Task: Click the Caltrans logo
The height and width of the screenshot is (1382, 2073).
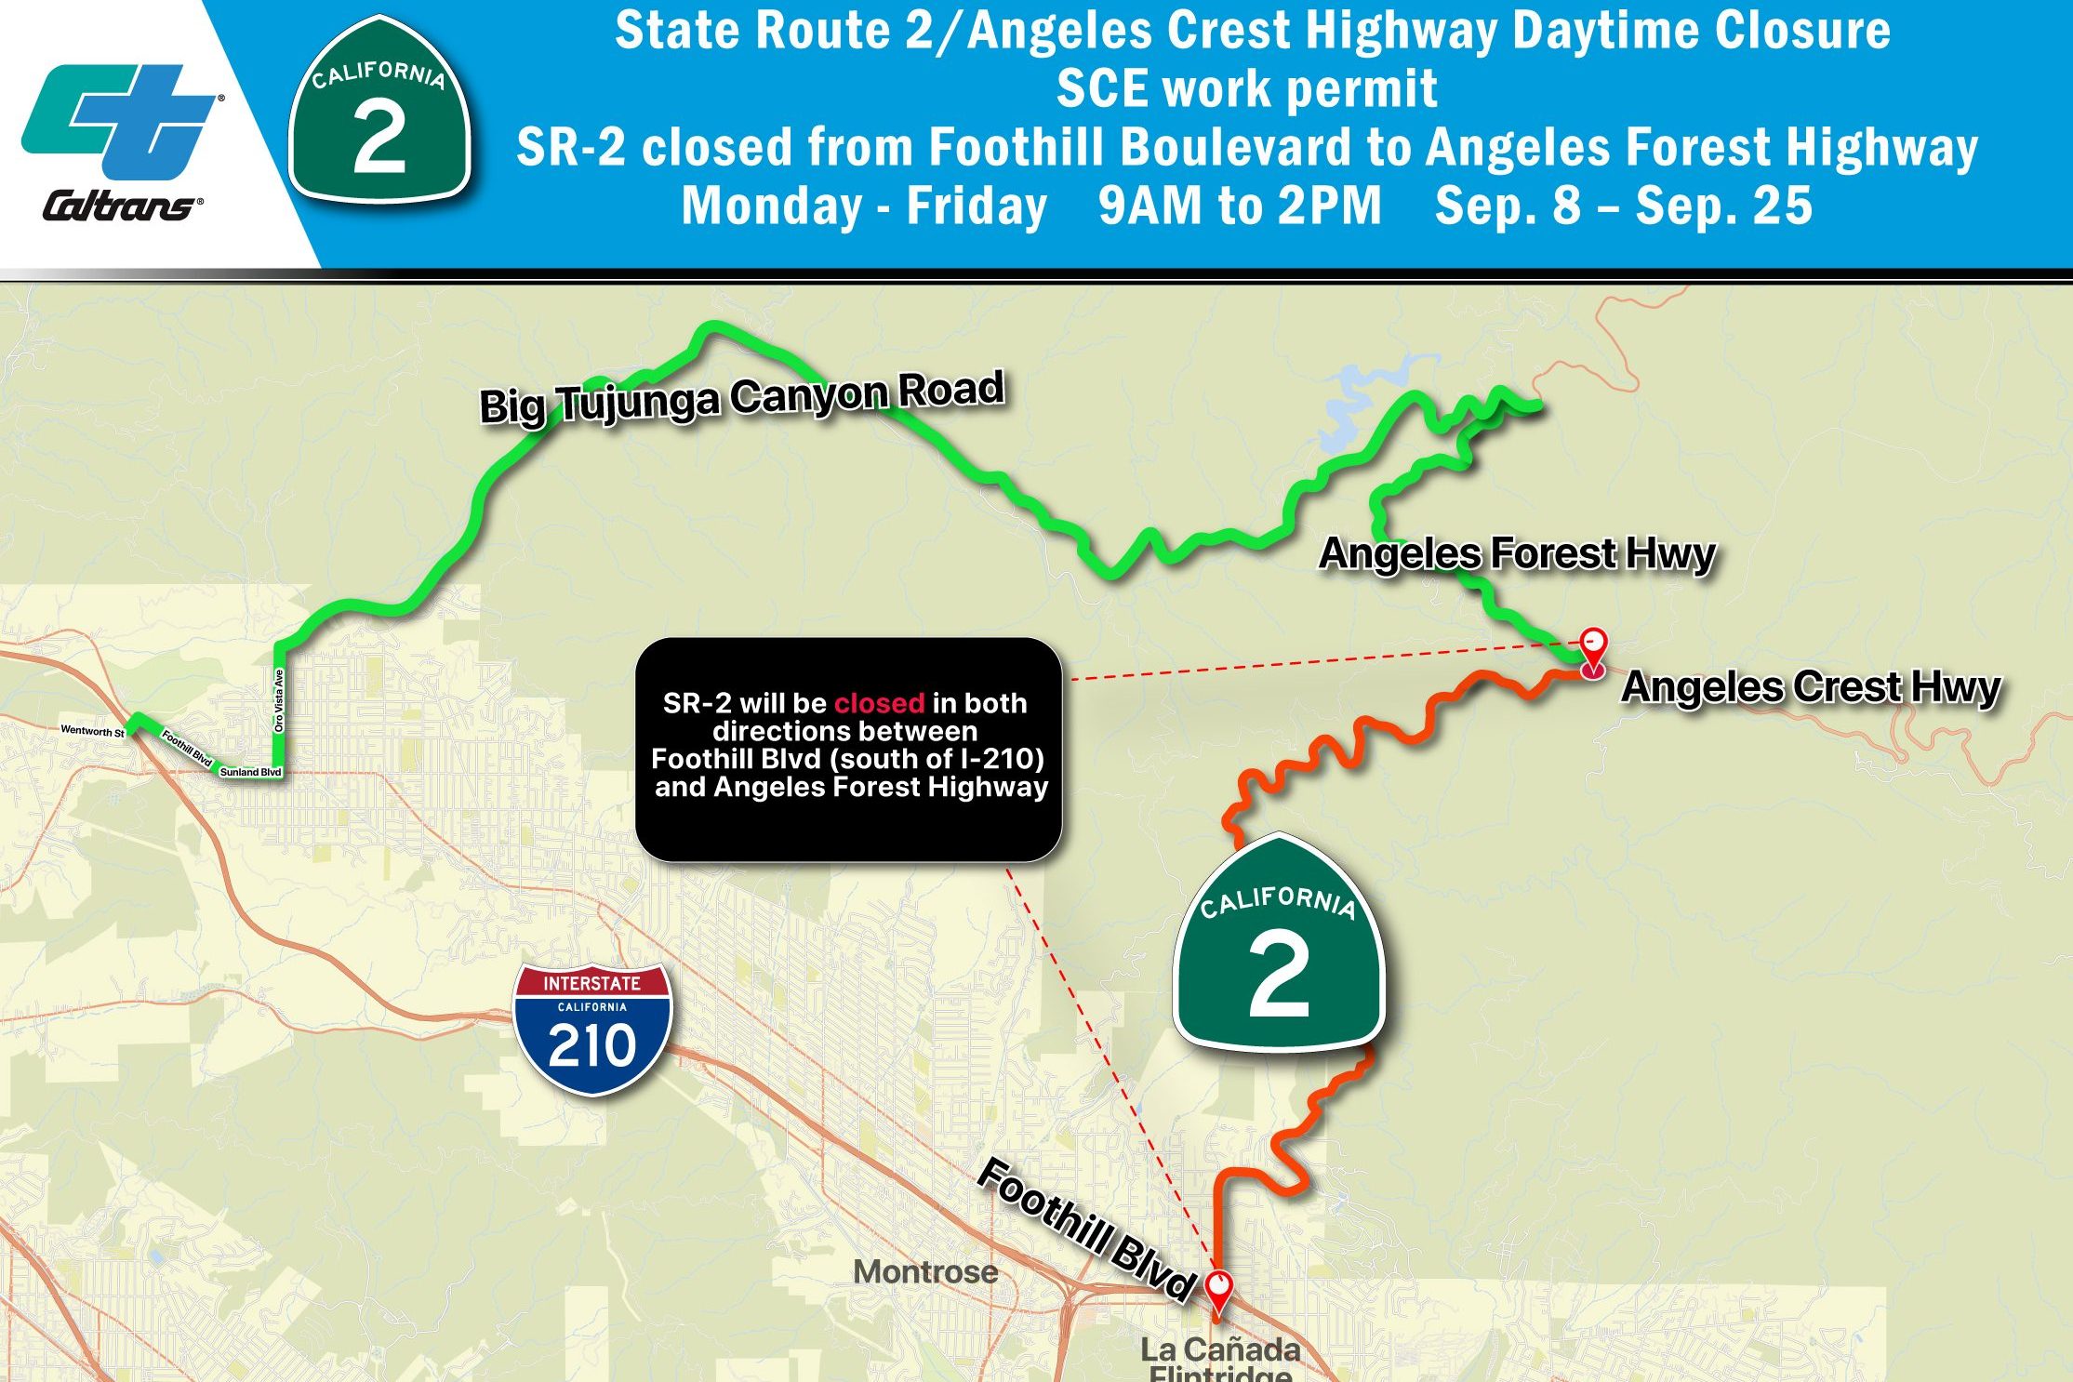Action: coord(121,140)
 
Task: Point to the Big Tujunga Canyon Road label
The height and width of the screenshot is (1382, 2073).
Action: coord(742,397)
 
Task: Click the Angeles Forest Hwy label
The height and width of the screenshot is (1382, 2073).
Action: coord(1517,554)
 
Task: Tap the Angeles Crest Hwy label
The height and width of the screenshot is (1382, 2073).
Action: coord(1810,687)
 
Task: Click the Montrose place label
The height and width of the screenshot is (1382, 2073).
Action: coord(925,1271)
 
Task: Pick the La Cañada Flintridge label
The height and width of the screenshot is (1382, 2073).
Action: coord(1220,1358)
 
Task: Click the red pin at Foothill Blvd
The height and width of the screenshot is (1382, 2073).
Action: coord(1218,1289)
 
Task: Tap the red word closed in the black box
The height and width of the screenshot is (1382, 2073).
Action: coord(879,703)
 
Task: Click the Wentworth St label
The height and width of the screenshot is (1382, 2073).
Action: coord(92,731)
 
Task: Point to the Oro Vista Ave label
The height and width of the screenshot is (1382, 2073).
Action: coord(279,700)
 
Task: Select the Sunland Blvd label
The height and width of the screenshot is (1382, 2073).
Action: coord(250,772)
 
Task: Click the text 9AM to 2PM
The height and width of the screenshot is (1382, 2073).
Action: coord(1240,206)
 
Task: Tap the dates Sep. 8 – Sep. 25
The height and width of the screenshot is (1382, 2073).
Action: coord(1624,206)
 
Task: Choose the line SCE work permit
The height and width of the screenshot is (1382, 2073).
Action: coord(1246,89)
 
